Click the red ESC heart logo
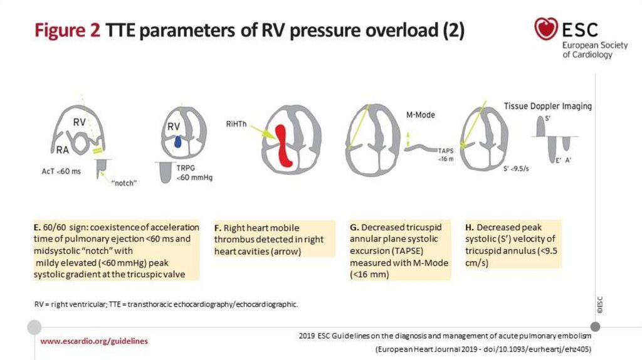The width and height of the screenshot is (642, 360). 546,28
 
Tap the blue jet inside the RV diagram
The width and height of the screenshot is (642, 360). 178,143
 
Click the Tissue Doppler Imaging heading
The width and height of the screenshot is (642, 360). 547,106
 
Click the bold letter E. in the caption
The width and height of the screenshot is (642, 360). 38,226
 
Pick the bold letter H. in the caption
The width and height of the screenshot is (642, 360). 470,227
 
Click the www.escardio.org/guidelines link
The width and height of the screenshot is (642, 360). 95,341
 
